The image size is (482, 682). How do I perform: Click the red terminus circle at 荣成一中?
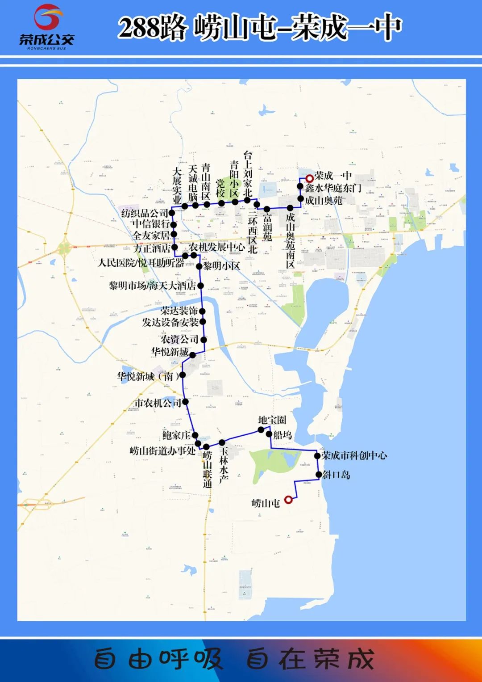309,178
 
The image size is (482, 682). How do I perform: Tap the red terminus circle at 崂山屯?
288,500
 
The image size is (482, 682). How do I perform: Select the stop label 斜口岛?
336,475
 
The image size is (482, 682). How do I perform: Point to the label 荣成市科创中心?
354,455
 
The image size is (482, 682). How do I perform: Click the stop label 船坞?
283,435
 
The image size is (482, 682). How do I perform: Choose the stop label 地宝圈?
272,420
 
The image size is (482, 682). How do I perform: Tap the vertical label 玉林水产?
224,465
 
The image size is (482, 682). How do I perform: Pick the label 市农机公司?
158,403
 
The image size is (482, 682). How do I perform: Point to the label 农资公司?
179,340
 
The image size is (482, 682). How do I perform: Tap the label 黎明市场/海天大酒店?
152,286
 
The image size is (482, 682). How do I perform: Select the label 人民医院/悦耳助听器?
141,262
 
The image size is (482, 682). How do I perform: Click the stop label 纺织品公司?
145,213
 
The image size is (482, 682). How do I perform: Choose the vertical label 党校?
220,188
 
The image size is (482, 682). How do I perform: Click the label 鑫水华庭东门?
333,188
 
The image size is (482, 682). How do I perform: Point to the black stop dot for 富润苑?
267,209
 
